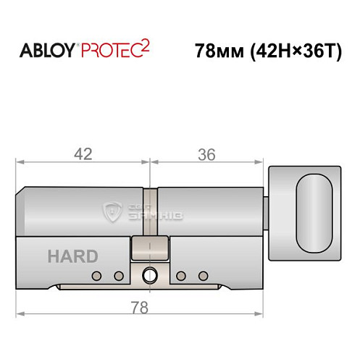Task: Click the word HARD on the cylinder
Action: click(x=72, y=256)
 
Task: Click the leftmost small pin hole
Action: click(x=97, y=275)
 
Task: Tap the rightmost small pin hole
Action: click(x=204, y=275)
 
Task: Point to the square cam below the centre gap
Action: click(x=150, y=250)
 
